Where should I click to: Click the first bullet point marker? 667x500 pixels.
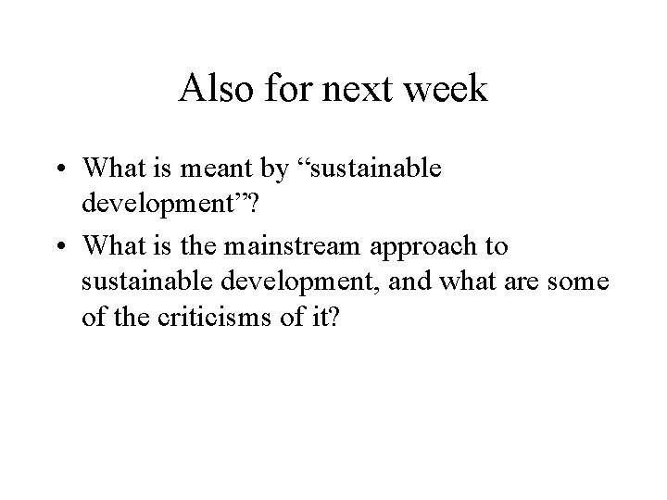click(63, 169)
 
